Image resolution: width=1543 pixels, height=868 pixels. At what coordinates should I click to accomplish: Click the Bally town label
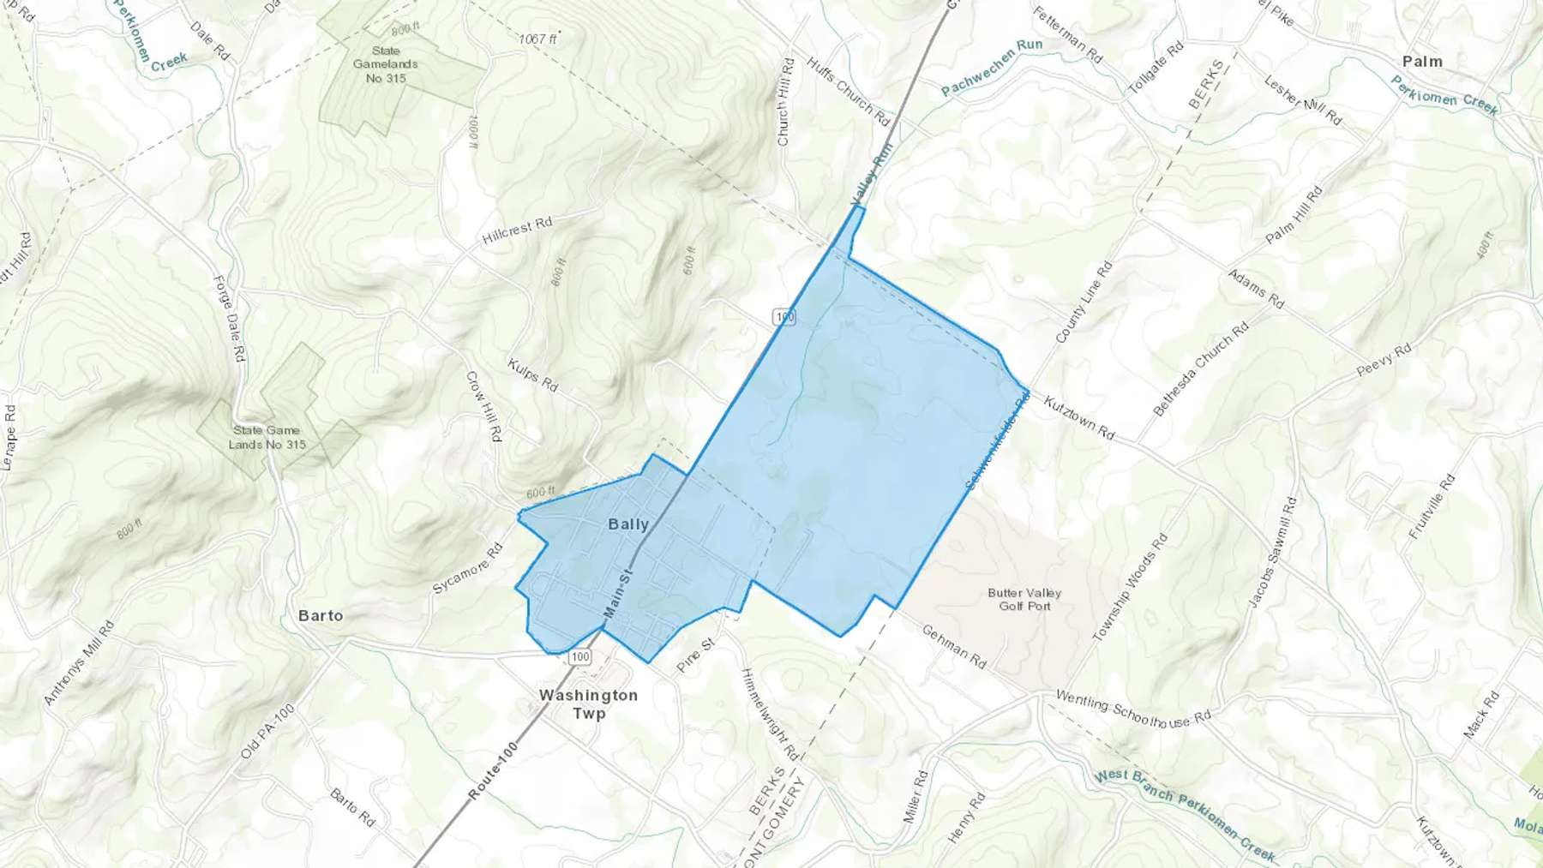[x=628, y=524]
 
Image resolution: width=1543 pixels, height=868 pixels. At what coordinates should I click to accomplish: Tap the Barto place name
[x=321, y=616]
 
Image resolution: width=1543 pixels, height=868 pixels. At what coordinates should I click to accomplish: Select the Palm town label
[x=1422, y=62]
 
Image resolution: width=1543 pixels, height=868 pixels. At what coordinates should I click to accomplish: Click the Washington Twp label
[x=589, y=704]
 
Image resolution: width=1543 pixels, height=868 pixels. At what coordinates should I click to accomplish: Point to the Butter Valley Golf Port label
[x=1024, y=599]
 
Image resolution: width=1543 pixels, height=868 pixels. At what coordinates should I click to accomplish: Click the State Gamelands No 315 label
[x=386, y=64]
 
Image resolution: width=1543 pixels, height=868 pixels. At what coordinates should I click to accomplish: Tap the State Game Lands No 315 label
[x=267, y=437]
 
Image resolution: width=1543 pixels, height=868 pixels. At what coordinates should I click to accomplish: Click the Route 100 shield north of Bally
[x=784, y=317]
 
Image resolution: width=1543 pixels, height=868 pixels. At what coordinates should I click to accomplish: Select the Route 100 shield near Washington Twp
[x=580, y=657]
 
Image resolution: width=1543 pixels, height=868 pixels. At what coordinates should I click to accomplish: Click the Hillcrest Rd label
[x=517, y=230]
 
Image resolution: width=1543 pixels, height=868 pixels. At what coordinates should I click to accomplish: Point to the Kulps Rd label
[x=533, y=375]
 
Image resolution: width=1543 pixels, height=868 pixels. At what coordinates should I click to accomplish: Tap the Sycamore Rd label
[x=467, y=569]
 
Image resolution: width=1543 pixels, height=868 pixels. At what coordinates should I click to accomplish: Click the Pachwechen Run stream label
[x=992, y=67]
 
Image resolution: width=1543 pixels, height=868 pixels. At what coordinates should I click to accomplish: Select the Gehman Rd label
[x=953, y=647]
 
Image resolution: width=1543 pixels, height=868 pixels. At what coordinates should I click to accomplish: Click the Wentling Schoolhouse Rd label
[x=1132, y=709]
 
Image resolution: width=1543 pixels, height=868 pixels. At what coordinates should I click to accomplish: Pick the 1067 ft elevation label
[x=537, y=39]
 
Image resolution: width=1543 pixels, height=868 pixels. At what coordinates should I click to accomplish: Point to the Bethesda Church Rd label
[x=1201, y=369]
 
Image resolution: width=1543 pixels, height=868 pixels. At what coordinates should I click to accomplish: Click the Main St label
[x=617, y=593]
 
